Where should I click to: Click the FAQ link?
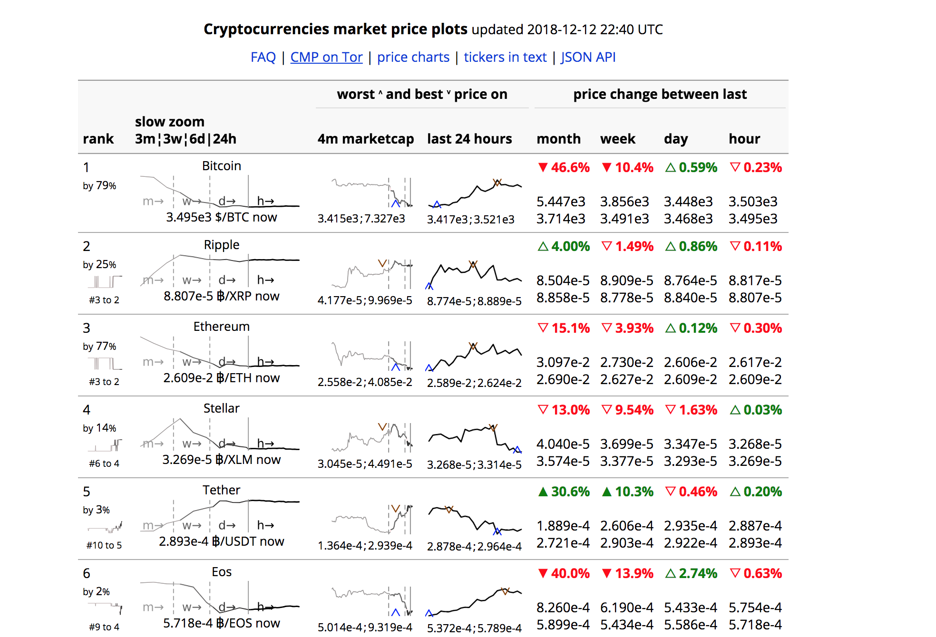[x=263, y=57]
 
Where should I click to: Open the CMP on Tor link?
[x=326, y=57]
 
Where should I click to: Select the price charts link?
[x=413, y=57]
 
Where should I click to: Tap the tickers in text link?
[x=505, y=57]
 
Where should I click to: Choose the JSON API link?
[x=588, y=57]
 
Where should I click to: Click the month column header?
[x=558, y=139]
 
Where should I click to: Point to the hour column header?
[x=744, y=139]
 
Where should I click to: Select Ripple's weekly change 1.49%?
[x=627, y=246]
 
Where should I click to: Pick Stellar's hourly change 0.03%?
[x=756, y=410]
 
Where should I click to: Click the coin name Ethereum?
[x=221, y=327]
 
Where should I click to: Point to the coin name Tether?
[x=221, y=490]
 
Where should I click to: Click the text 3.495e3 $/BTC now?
[x=221, y=217]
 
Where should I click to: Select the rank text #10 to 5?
[x=104, y=545]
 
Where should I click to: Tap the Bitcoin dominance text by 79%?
[x=99, y=185]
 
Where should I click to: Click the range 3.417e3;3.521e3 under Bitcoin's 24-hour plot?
[x=470, y=219]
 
